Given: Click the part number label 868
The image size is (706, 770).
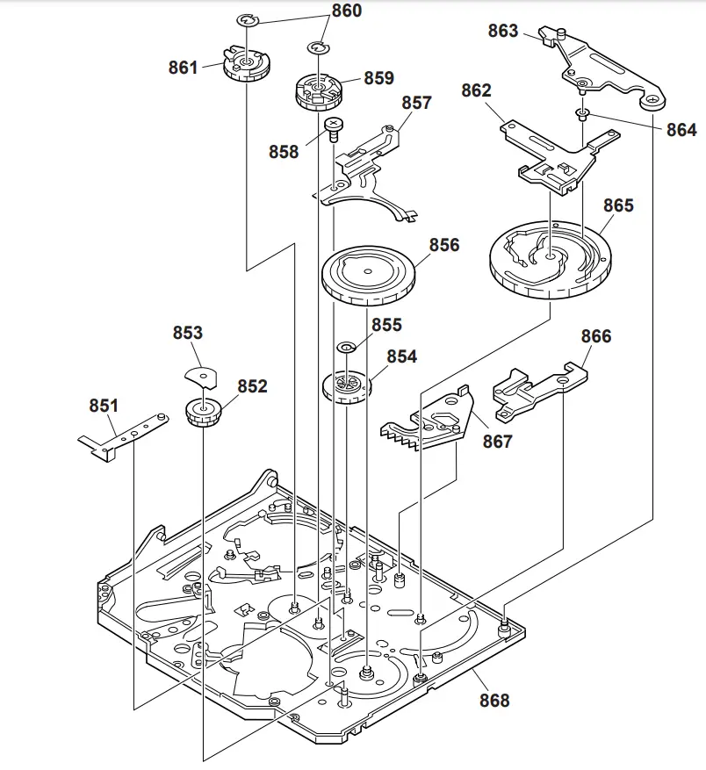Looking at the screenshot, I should click(493, 700).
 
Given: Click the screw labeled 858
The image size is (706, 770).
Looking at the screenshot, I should click(334, 129).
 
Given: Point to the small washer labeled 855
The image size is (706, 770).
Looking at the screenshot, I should click(347, 347).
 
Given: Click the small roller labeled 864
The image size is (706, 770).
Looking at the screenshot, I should click(581, 113).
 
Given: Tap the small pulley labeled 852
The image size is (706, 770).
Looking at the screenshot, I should click(204, 412).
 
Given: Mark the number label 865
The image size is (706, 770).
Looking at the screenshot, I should click(618, 205).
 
